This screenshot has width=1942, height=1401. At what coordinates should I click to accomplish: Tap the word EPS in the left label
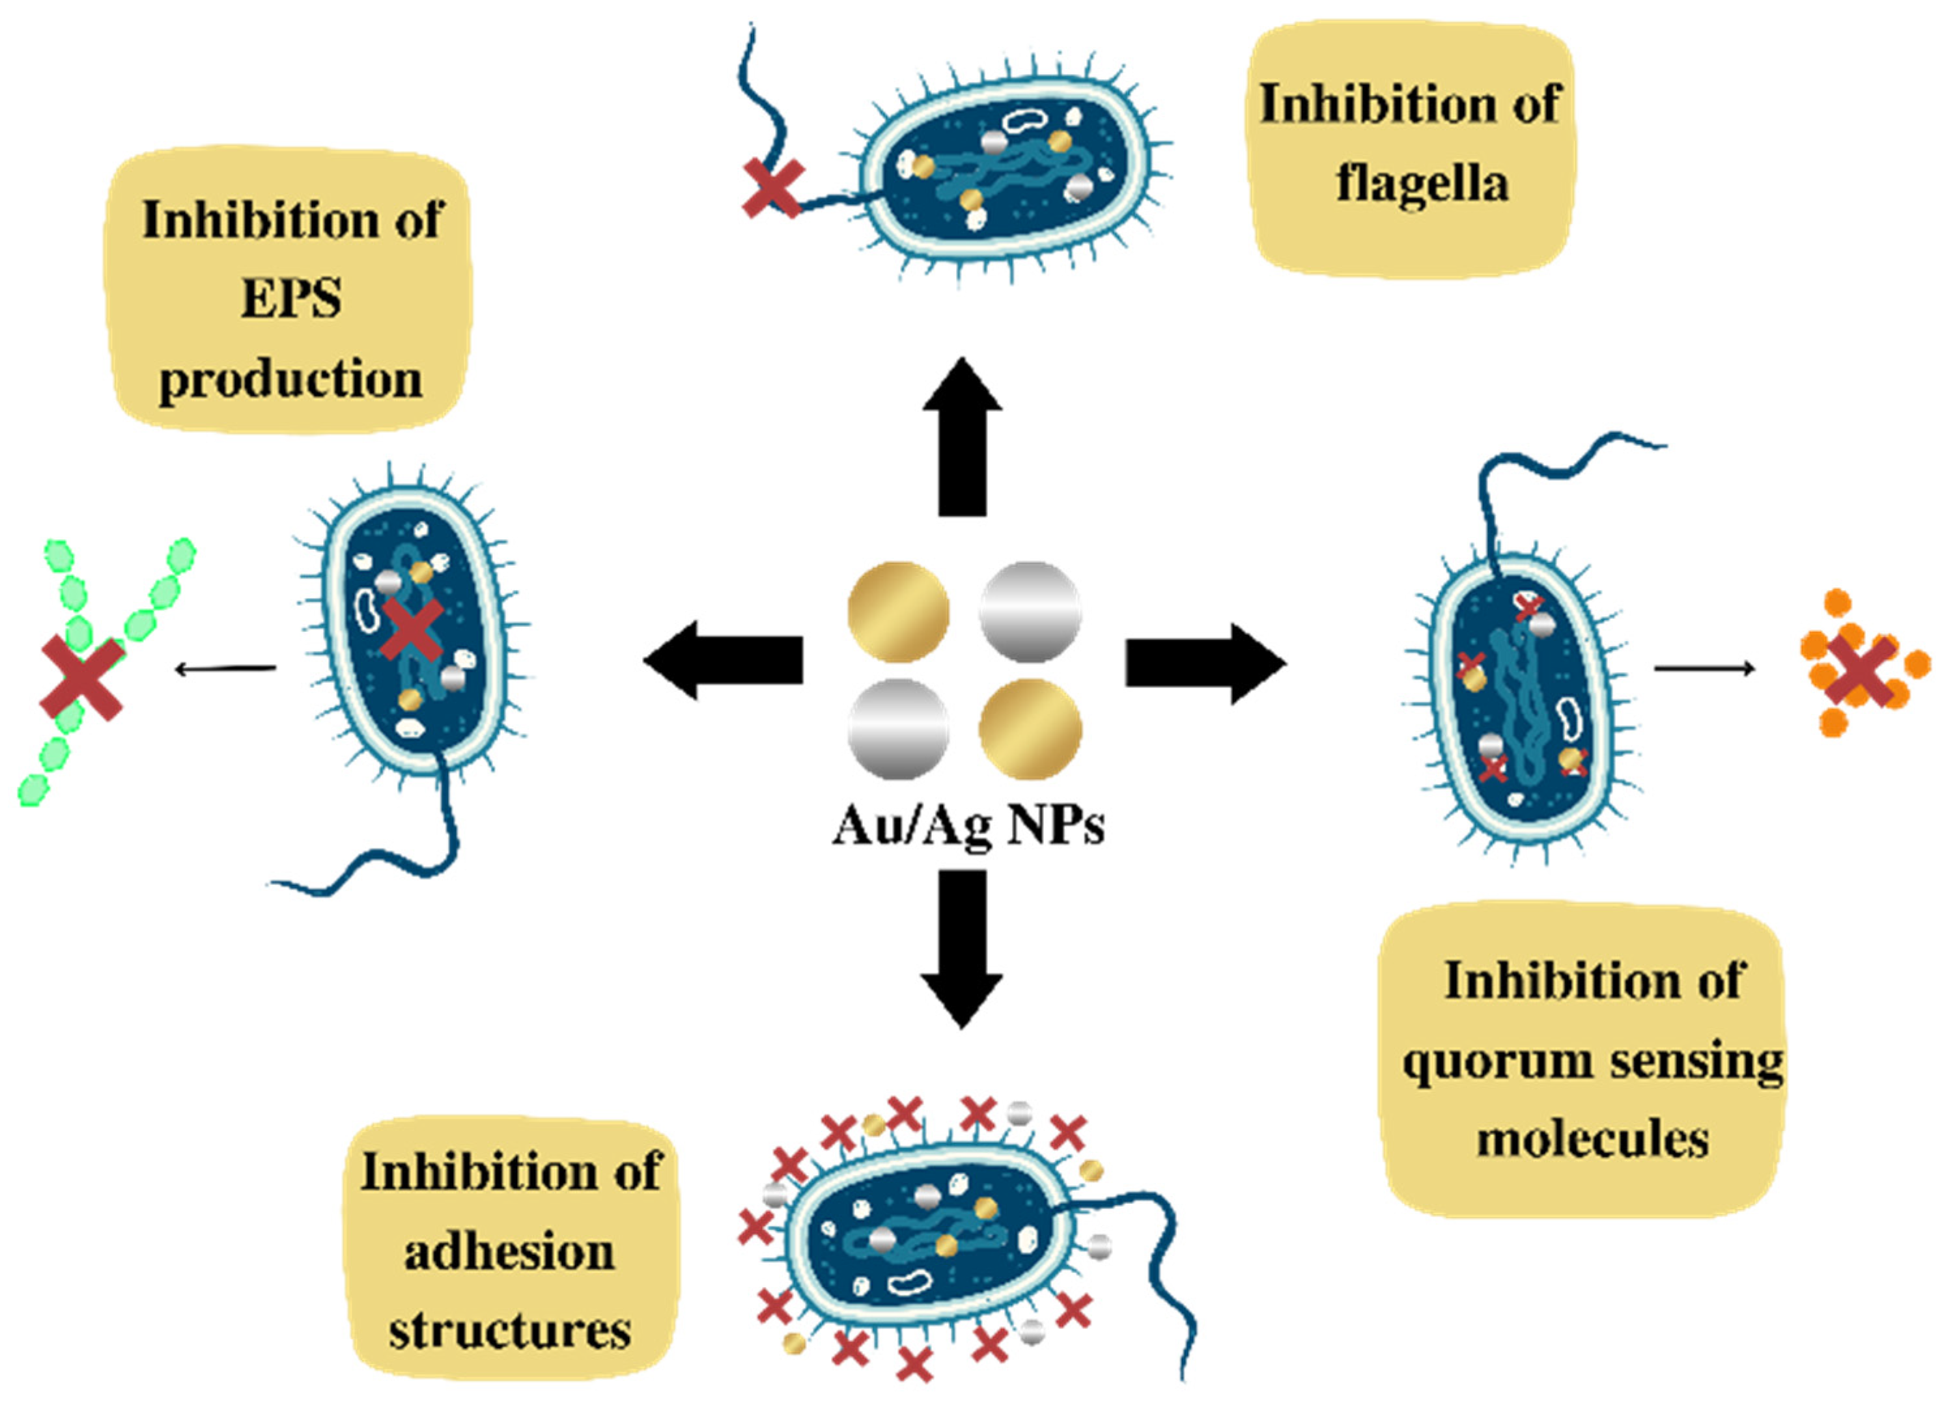click(291, 299)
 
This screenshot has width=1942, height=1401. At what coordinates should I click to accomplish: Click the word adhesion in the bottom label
click(509, 1253)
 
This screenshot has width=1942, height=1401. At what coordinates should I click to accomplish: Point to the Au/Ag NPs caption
click(968, 828)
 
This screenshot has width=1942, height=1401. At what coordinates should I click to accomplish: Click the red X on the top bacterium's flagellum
click(772, 187)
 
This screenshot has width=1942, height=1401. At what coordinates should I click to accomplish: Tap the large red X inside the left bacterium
click(412, 629)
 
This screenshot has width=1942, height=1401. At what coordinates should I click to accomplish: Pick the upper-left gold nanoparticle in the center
click(898, 612)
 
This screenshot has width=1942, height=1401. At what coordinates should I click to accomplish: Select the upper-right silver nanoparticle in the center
click(1030, 612)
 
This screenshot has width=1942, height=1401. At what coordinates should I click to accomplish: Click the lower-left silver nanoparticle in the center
click(898, 729)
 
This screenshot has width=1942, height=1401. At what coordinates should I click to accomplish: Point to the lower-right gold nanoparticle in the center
click(1030, 729)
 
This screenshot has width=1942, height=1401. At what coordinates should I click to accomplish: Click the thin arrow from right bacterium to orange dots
click(1704, 668)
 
